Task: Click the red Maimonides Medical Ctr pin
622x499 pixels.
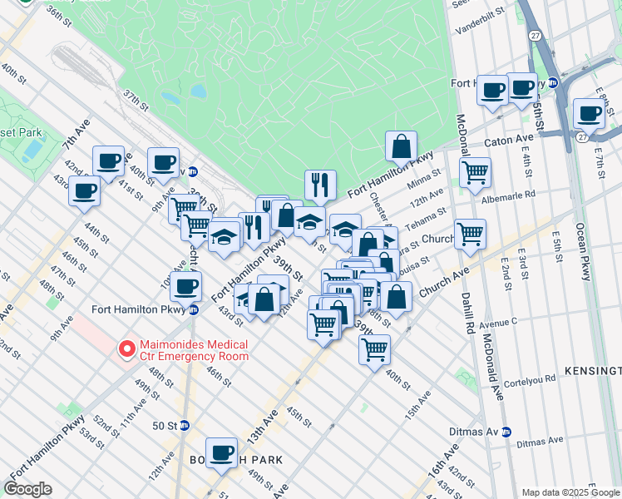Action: pos(126,349)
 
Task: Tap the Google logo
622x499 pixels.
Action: pos(28,489)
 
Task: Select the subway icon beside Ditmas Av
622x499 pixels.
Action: pos(517,432)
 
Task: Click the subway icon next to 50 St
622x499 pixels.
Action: pos(185,425)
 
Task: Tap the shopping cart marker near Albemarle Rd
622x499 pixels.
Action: pos(474,172)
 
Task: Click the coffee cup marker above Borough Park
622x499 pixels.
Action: pos(221,452)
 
